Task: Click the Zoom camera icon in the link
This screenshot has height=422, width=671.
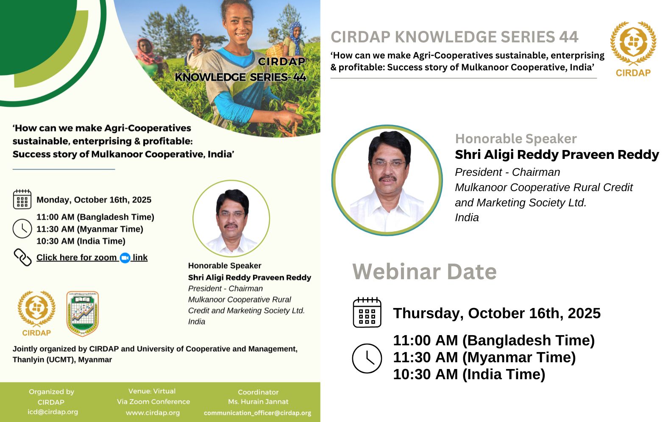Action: pyautogui.click(x=125, y=258)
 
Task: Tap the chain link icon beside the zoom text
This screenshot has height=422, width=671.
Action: pyautogui.click(x=22, y=257)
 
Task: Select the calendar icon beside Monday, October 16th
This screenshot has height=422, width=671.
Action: pyautogui.click(x=22, y=199)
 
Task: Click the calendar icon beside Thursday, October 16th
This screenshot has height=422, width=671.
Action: pyautogui.click(x=367, y=312)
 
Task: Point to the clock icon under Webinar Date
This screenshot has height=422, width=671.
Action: pyautogui.click(x=367, y=358)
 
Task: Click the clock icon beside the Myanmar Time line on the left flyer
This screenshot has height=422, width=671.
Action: pyautogui.click(x=22, y=228)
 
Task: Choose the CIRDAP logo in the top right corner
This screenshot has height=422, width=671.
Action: pyautogui.click(x=633, y=49)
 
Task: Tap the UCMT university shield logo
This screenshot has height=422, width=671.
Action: pyautogui.click(x=82, y=314)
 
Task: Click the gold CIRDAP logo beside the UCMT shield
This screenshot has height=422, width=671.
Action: pyautogui.click(x=36, y=313)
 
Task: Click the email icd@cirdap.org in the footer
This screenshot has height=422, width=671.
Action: pyautogui.click(x=53, y=412)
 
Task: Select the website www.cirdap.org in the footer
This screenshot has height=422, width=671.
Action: pyautogui.click(x=153, y=413)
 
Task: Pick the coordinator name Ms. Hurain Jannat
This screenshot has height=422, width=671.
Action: pyautogui.click(x=258, y=402)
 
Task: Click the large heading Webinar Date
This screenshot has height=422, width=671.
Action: pyautogui.click(x=424, y=271)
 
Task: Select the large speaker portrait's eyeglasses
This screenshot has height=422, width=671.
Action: pyautogui.click(x=388, y=164)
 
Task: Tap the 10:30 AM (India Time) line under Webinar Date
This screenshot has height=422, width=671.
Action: pyautogui.click(x=469, y=375)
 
